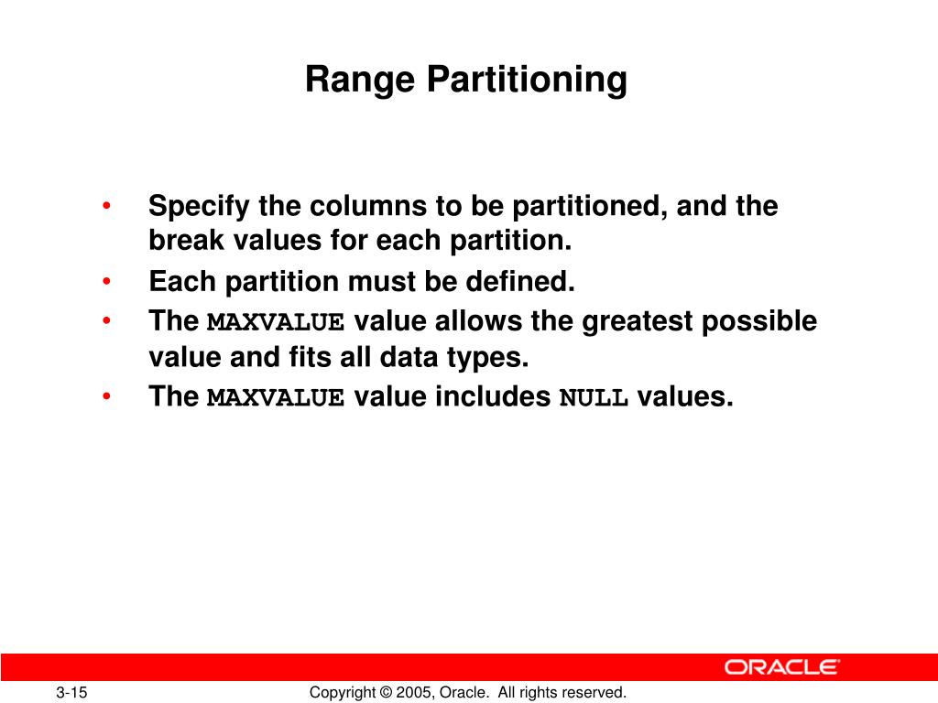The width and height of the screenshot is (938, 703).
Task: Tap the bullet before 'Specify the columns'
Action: click(108, 206)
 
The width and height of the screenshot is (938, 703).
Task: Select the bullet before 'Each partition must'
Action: click(108, 282)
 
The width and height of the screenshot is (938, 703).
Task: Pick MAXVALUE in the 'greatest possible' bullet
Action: click(276, 323)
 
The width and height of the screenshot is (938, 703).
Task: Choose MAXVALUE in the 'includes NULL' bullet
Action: click(276, 398)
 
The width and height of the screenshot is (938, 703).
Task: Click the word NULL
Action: click(594, 398)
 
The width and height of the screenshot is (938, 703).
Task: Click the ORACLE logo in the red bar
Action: click(781, 666)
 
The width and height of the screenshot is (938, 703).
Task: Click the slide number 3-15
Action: click(71, 693)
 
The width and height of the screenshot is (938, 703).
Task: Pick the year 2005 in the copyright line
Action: click(412, 693)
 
